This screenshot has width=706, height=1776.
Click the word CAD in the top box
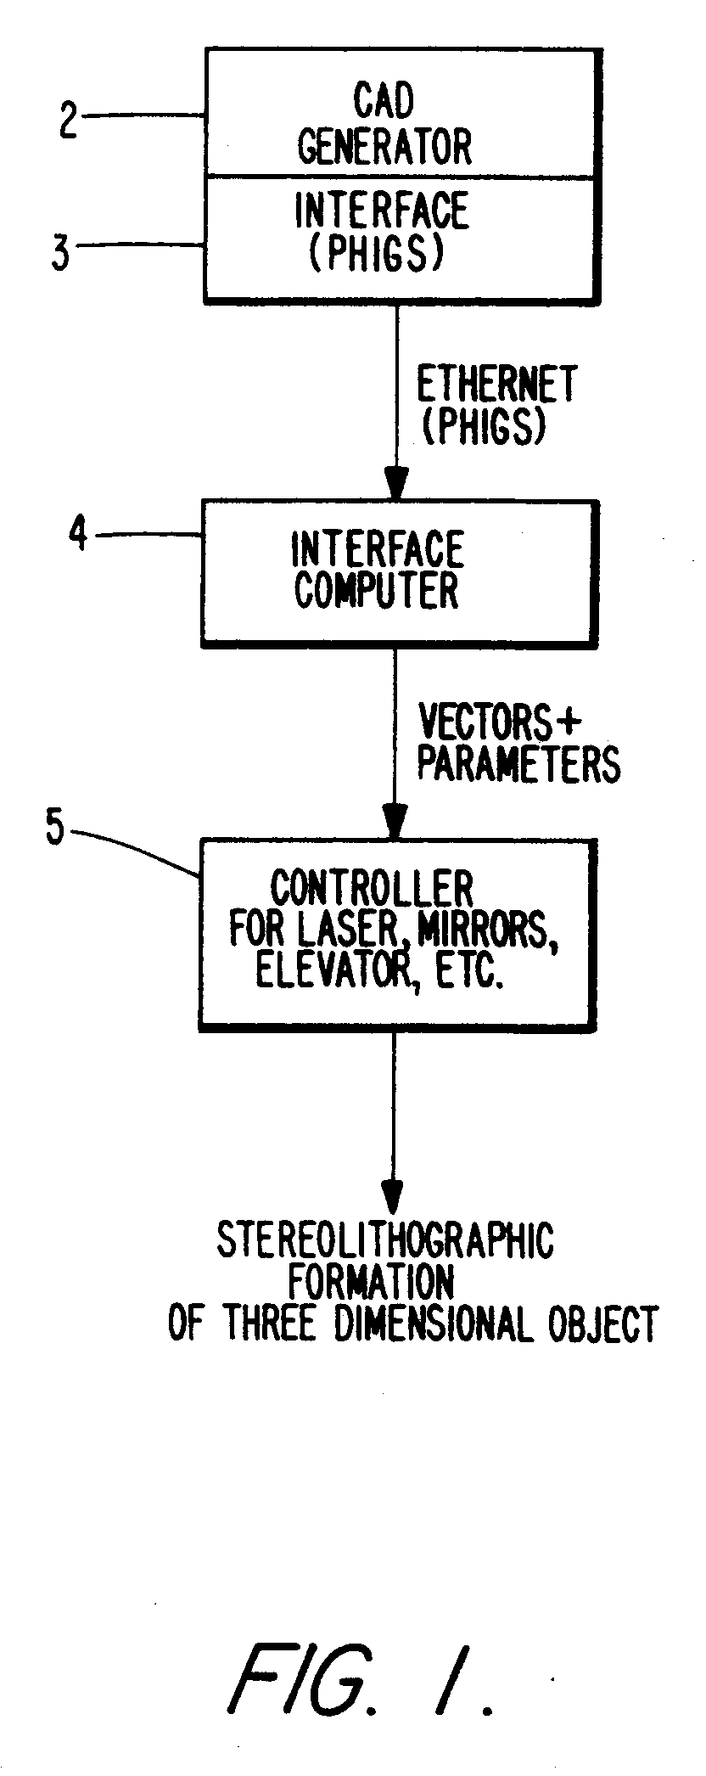(x=384, y=102)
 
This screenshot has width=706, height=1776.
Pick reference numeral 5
(x=55, y=828)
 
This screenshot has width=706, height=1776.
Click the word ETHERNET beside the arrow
(x=496, y=385)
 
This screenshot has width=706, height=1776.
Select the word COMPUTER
(x=377, y=590)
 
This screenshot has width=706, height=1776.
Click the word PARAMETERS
(x=518, y=763)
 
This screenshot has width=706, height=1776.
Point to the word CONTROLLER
(x=372, y=889)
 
